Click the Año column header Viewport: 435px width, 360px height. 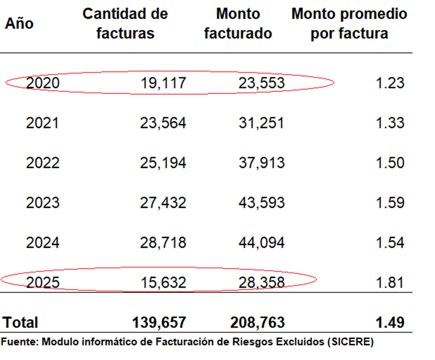19,23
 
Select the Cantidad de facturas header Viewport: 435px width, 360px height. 125,23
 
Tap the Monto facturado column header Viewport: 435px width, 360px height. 238,23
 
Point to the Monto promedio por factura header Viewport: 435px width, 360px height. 349,23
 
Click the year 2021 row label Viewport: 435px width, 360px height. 43,123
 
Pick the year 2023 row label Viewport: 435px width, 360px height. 43,203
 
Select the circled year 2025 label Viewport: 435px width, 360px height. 43,283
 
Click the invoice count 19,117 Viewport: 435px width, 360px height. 163,83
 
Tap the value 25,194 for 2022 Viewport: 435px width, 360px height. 163,163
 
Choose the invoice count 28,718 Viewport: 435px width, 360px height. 163,243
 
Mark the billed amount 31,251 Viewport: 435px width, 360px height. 261,123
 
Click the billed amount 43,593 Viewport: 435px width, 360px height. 261,203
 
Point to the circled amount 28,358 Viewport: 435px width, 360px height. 261,283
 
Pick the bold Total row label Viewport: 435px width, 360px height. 21,322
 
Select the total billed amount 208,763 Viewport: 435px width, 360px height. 258,322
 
